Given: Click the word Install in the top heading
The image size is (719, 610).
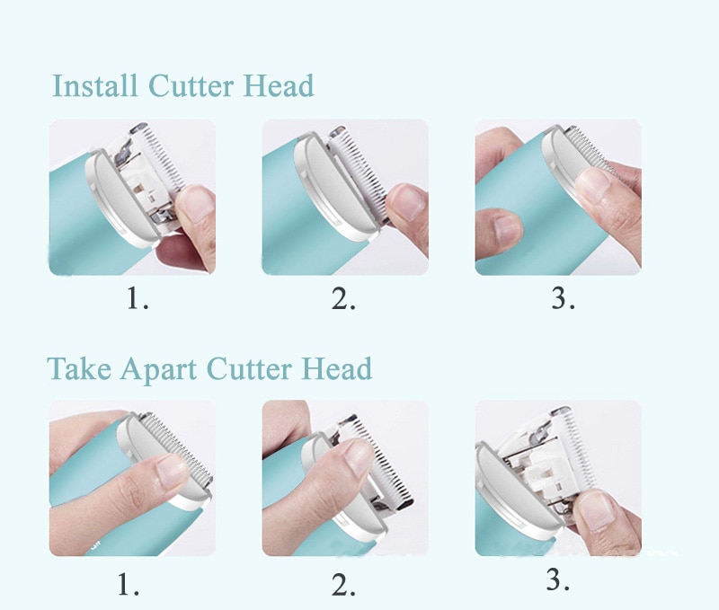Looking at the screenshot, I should click(x=95, y=86).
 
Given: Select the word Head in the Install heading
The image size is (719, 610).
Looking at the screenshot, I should click(x=279, y=86).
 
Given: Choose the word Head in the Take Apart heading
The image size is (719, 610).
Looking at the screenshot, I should click(x=336, y=369).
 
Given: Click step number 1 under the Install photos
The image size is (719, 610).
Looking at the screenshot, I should click(x=137, y=299).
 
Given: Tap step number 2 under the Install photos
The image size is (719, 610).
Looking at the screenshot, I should click(x=343, y=299).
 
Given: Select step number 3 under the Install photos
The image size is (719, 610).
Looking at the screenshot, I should click(x=563, y=299).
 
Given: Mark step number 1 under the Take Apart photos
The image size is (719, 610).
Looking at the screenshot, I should click(x=129, y=586).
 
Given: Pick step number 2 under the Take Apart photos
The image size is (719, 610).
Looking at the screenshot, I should click(x=343, y=586).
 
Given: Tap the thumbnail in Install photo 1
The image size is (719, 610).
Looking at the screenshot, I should click(x=198, y=203).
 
